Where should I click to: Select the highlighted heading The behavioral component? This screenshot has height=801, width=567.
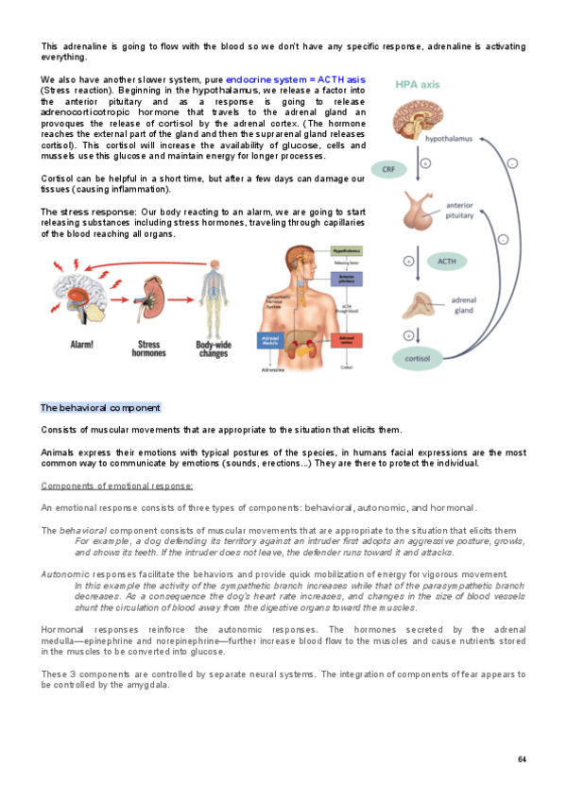[100, 408]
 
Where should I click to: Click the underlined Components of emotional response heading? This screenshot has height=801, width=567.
[116, 486]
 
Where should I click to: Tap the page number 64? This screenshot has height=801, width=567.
[522, 759]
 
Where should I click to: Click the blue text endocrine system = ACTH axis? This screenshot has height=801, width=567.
[297, 79]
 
